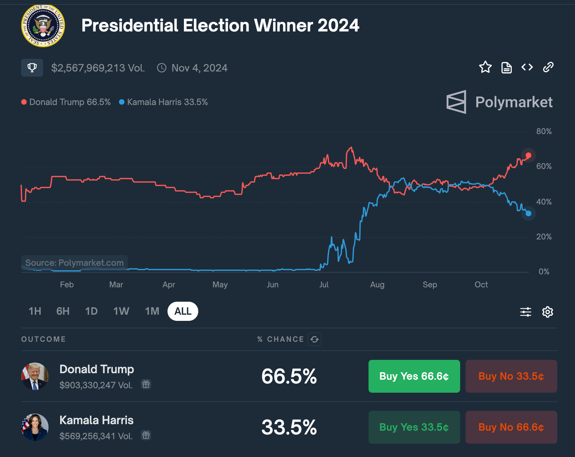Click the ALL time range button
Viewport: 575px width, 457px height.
183,311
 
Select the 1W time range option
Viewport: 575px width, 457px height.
121,311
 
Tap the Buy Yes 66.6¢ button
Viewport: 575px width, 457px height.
414,376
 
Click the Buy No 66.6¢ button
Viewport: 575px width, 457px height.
511,427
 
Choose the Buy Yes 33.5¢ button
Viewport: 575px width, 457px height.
414,427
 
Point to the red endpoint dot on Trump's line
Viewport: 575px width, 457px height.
529,155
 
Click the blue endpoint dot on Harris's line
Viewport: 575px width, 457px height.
529,213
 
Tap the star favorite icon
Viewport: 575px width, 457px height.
485,67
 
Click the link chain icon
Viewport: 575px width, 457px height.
548,67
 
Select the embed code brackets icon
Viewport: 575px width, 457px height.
527,67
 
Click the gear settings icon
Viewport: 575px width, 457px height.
548,312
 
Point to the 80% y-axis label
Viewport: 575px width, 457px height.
544,131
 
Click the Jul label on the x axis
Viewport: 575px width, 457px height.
324,285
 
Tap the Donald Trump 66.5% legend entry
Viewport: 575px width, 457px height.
66,102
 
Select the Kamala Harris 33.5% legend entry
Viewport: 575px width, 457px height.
163,102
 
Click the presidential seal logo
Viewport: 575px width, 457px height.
43,26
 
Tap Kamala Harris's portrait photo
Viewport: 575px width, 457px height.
35,427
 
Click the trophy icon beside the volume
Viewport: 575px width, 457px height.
32,68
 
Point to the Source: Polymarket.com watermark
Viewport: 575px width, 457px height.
75,263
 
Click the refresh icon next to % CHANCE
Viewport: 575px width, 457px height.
315,339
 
